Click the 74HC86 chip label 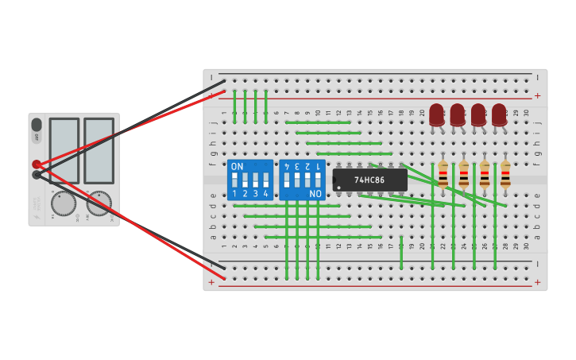tap(369, 180)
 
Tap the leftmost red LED tap(436, 114)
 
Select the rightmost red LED tap(499, 114)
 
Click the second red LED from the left tap(457, 114)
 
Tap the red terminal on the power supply tap(37, 165)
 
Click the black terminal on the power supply tap(37, 175)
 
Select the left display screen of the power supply tap(64, 150)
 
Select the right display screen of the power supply tap(99, 150)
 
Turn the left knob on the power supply tap(64, 203)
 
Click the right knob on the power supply tap(99, 203)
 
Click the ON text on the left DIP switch tap(237, 166)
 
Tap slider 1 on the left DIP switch tap(235, 180)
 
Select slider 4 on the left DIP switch tap(266, 180)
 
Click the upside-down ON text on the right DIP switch tap(315, 193)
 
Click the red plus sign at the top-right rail tap(538, 95)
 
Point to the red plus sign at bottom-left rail tap(211, 281)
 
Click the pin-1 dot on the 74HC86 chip tap(339, 188)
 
